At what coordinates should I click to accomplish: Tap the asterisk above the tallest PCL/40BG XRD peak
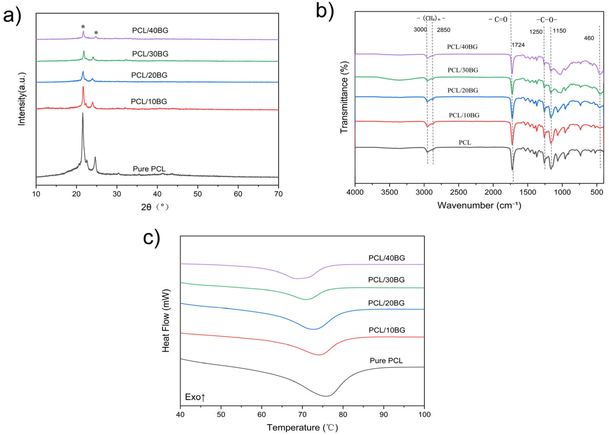coord(83,27)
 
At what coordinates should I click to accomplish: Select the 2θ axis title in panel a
coord(155,207)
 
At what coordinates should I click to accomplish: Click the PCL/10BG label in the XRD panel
coord(149,101)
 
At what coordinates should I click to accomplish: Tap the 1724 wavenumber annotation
coord(518,45)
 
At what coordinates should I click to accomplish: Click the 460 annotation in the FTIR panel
coord(589,38)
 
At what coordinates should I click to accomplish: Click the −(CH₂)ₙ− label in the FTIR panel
coord(431,19)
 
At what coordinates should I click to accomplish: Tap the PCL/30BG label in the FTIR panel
coord(463,70)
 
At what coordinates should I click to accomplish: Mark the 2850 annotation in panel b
coord(443,30)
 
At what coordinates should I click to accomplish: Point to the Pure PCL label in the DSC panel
coord(386,361)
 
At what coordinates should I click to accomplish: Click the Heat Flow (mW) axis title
coord(166,321)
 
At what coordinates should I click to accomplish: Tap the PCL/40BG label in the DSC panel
coord(387,258)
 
